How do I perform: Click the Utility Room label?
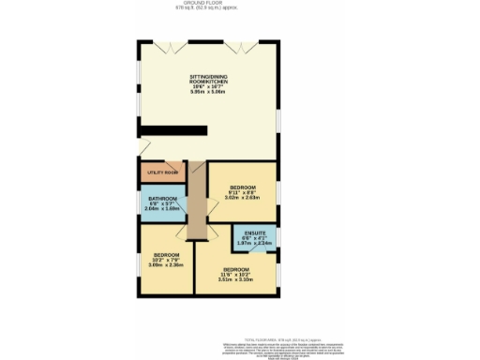pyautogui.click(x=163, y=173)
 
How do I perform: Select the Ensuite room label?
pyautogui.click(x=255, y=232)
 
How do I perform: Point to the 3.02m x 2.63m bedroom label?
pyautogui.click(x=242, y=192)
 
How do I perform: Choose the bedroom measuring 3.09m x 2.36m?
pyautogui.click(x=166, y=260)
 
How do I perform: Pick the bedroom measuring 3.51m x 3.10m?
pyautogui.click(x=235, y=274)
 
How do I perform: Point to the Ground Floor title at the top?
pyautogui.click(x=209, y=3)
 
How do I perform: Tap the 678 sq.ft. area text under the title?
pyautogui.click(x=209, y=8)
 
